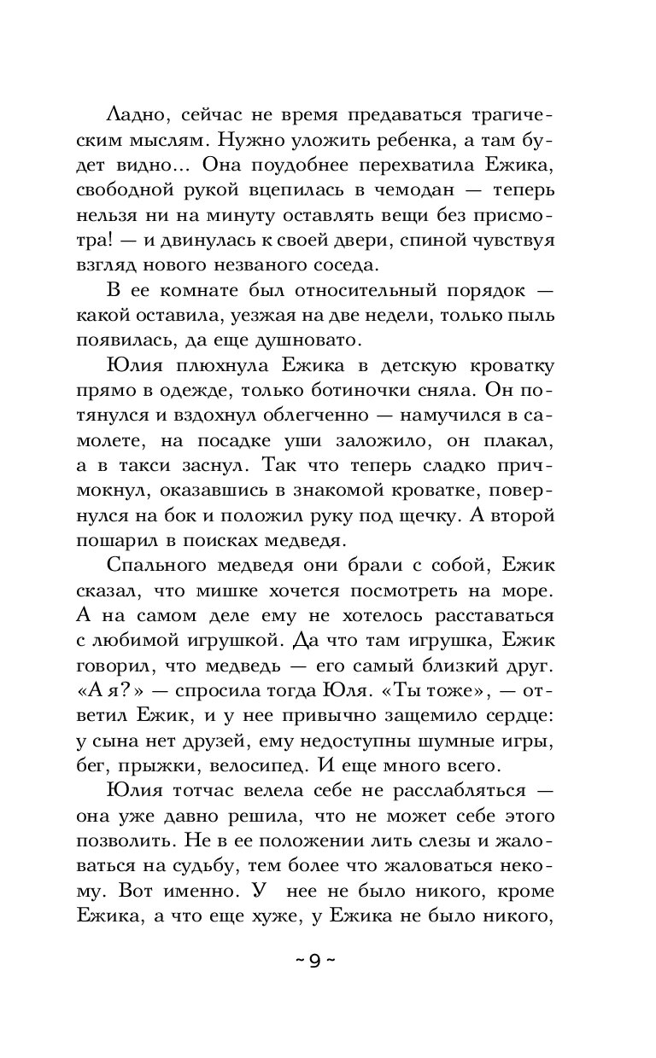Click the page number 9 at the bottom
[315, 962]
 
